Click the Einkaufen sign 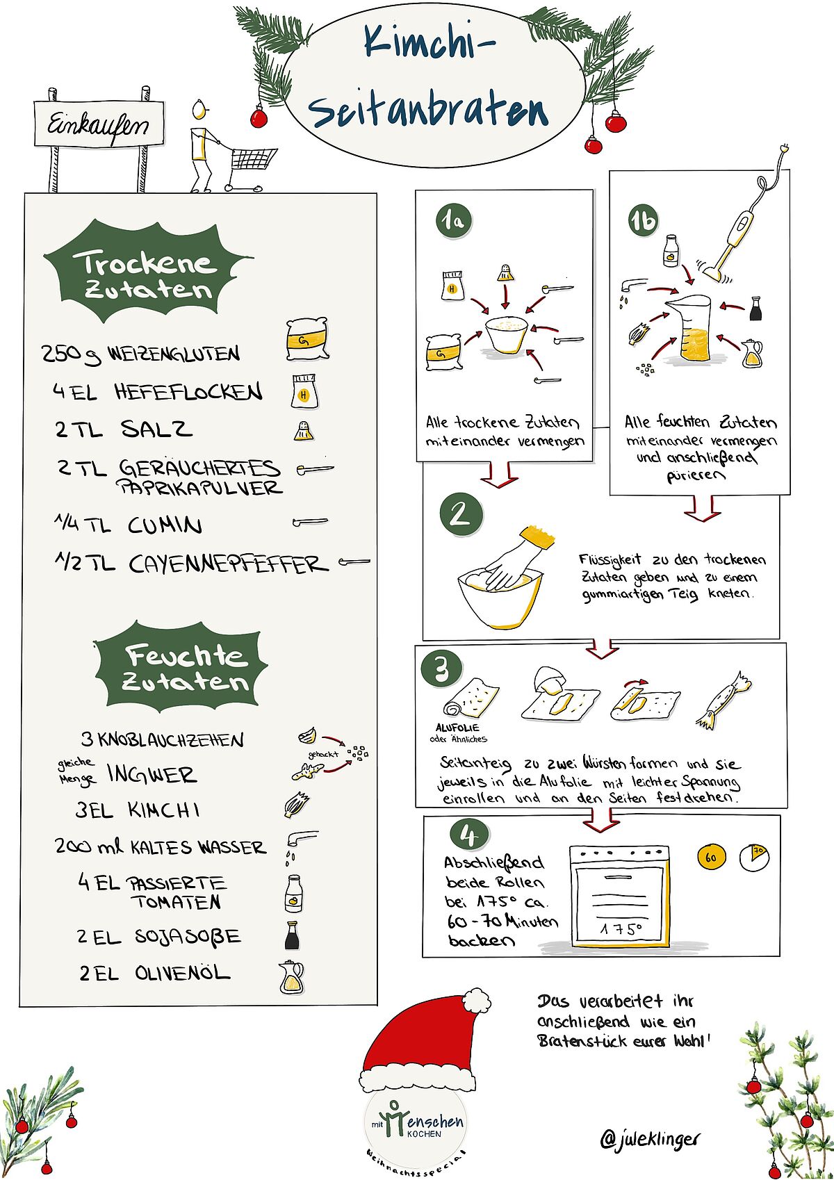point(99,124)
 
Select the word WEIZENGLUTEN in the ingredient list point(174,353)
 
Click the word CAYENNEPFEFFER point(229,564)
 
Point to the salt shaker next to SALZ point(304,431)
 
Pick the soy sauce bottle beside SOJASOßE point(292,935)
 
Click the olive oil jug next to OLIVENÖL point(291,978)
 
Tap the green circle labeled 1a point(453,221)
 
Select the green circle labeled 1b point(643,221)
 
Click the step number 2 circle point(461,514)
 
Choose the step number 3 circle point(441,670)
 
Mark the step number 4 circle point(469,835)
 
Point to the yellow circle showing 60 point(711,858)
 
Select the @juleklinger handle point(650,1139)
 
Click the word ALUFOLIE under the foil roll point(457,728)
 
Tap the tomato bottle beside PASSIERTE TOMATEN point(293,894)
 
